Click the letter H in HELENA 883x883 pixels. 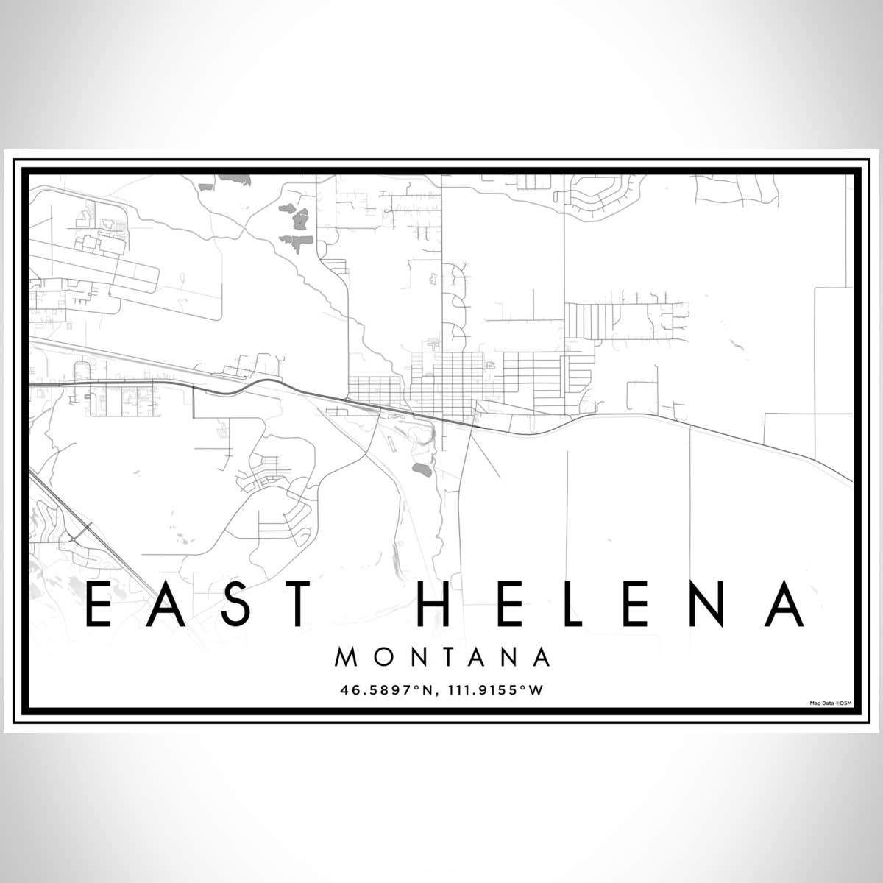436,605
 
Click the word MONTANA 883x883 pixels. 442,657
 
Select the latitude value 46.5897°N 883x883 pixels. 387,691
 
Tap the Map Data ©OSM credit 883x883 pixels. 830,703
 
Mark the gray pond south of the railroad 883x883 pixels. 421,467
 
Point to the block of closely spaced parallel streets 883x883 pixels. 588,320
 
